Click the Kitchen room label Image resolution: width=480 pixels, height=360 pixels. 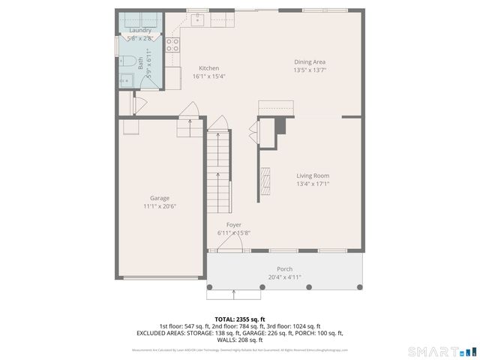[x=208, y=67]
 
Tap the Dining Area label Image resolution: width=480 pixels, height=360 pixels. [x=309, y=61]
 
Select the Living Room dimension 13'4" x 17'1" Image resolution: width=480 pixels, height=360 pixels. [x=313, y=183]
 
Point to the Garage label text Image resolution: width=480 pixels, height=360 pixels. [x=159, y=198]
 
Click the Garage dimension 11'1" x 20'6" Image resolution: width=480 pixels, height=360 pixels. [x=159, y=206]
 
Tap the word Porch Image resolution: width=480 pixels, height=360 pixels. [x=284, y=268]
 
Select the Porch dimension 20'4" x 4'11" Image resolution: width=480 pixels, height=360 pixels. [x=284, y=277]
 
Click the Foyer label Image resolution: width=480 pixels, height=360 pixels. [x=234, y=225]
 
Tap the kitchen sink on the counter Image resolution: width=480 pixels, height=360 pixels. [x=199, y=19]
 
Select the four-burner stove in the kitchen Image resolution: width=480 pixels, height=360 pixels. [x=172, y=45]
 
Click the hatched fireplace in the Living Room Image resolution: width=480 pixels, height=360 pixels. [x=265, y=181]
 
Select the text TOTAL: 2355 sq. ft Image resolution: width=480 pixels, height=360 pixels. [x=240, y=319]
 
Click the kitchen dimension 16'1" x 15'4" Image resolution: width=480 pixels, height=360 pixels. [x=208, y=76]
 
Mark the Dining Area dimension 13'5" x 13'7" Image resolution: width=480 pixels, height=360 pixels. [x=309, y=70]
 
